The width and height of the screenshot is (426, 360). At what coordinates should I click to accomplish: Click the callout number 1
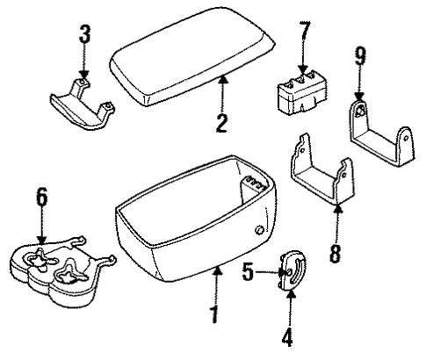pyautogui.click(x=214, y=314)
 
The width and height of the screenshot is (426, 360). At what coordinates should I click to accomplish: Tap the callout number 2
pyautogui.click(x=221, y=123)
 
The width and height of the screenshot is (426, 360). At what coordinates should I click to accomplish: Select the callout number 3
pyautogui.click(x=84, y=34)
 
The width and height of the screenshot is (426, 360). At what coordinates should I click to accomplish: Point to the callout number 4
pyautogui.click(x=287, y=337)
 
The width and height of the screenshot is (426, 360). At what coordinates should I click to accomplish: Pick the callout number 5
pyautogui.click(x=248, y=272)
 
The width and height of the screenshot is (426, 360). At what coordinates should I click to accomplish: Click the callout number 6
pyautogui.click(x=41, y=197)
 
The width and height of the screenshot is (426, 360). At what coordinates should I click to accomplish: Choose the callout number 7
pyautogui.click(x=304, y=31)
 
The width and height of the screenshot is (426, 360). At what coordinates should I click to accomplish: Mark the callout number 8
pyautogui.click(x=336, y=254)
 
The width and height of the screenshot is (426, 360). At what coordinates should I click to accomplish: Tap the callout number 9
pyautogui.click(x=360, y=56)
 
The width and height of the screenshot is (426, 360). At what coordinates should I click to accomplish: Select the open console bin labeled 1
pyautogui.click(x=196, y=219)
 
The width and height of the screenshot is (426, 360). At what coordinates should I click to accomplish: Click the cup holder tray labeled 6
pyautogui.click(x=62, y=270)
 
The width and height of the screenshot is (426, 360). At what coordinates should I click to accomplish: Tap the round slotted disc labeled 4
pyautogui.click(x=292, y=270)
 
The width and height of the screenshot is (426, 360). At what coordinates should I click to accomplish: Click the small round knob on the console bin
pyautogui.click(x=259, y=230)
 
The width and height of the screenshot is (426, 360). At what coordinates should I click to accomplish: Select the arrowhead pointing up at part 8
pyautogui.click(x=338, y=208)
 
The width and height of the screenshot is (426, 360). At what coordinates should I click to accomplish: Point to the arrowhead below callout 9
pyautogui.click(x=359, y=97)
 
